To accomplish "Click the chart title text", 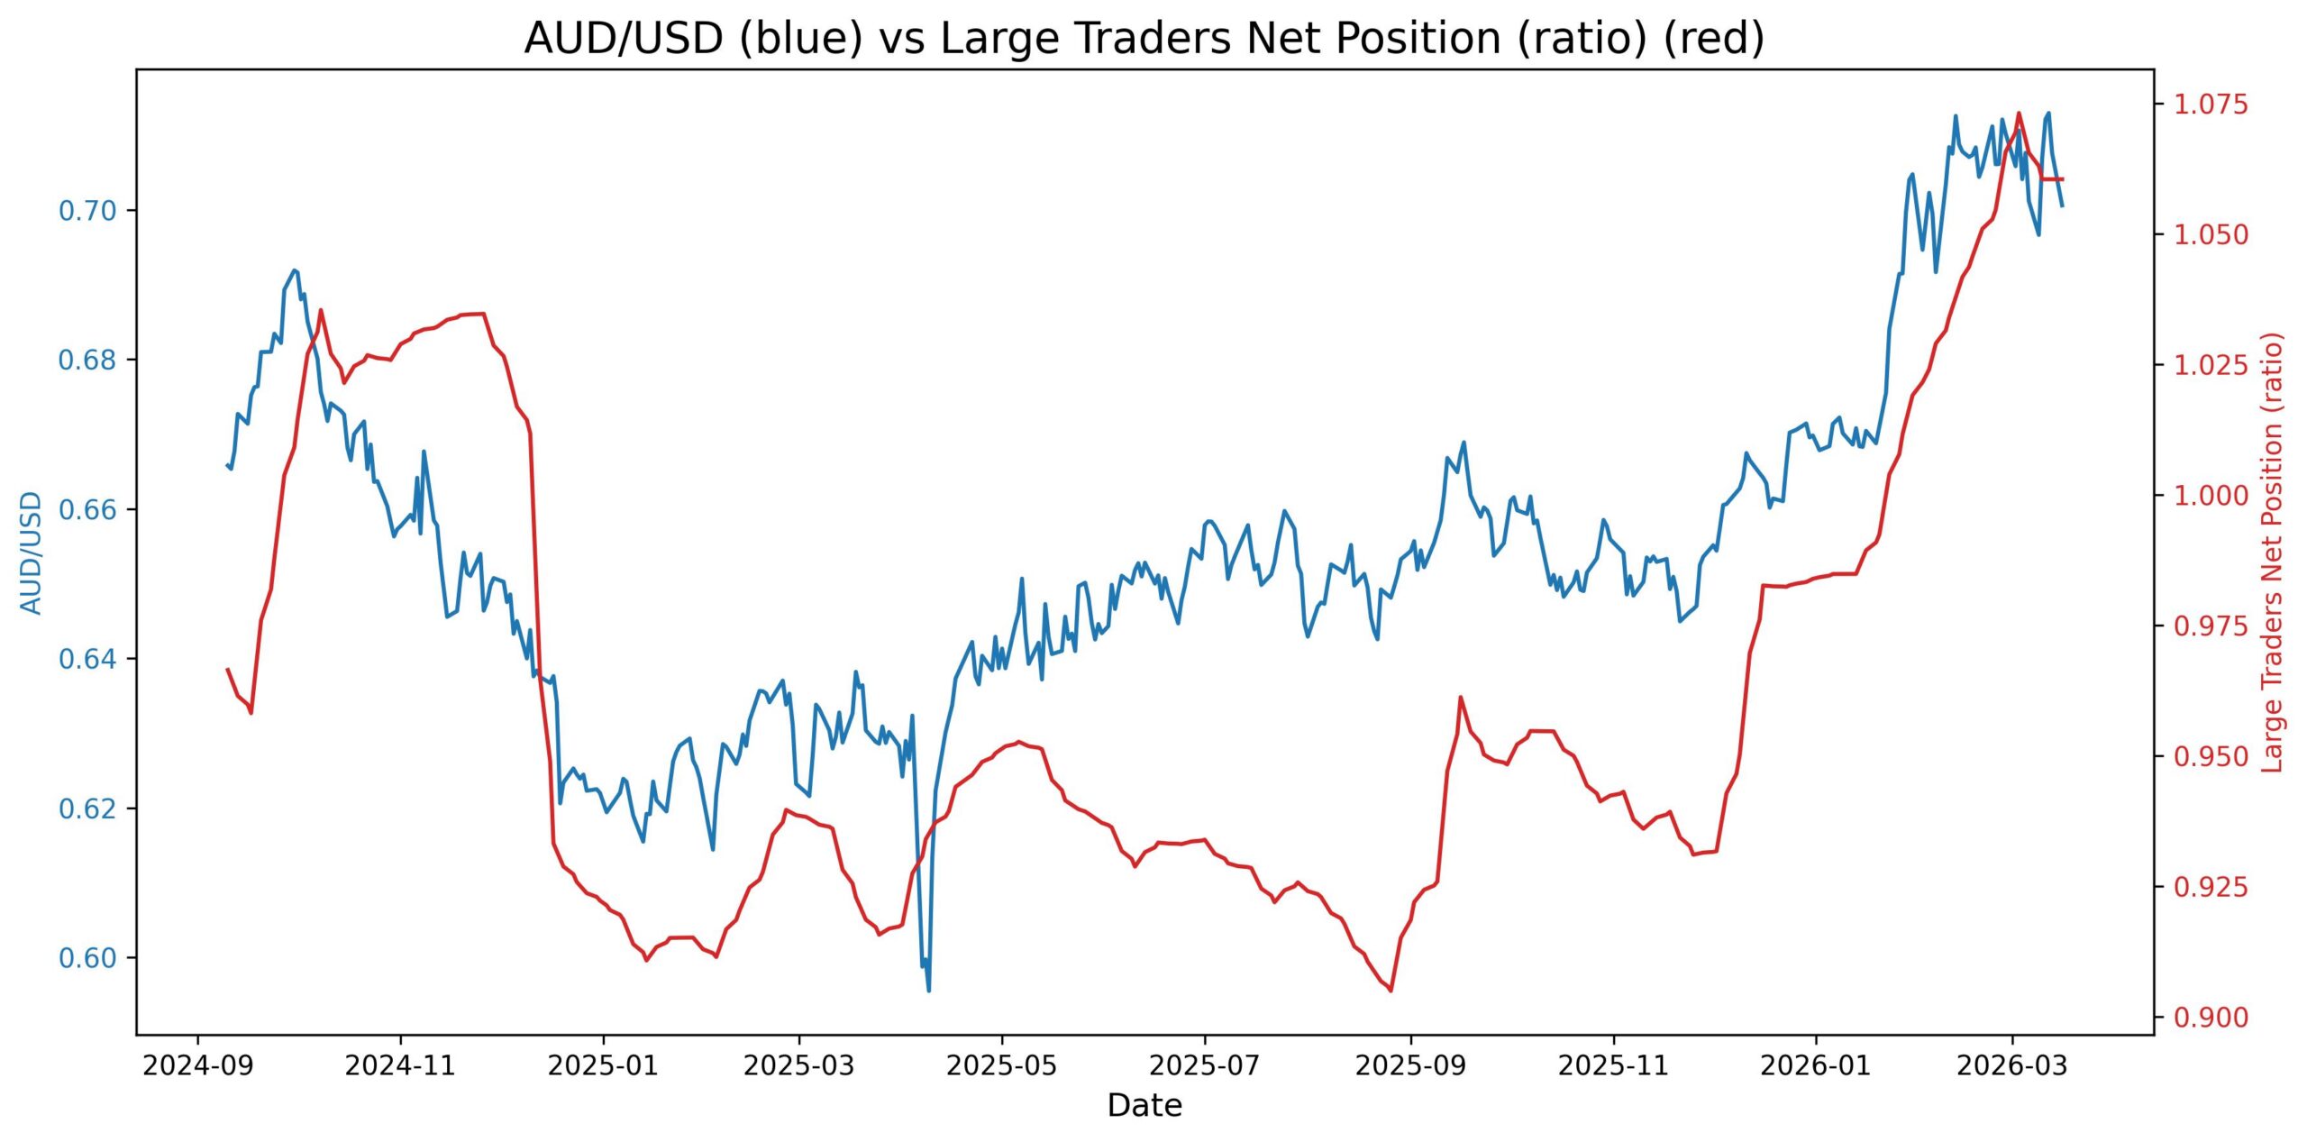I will tap(1144, 39).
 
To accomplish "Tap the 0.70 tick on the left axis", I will tap(88, 211).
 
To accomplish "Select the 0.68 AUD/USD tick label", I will tap(88, 361).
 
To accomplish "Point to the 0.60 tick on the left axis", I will tap(88, 958).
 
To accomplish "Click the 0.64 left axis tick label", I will tap(88, 659).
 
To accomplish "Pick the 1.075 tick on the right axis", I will tap(2211, 105).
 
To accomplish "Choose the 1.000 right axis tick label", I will tap(2211, 496).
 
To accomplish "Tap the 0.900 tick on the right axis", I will tap(2211, 1018).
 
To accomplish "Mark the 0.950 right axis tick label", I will tap(2211, 756).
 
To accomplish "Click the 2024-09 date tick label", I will tap(198, 1066).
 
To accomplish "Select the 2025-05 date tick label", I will tap(1001, 1066).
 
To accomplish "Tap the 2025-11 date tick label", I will tap(1613, 1066).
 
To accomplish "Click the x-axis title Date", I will tap(1144, 1105).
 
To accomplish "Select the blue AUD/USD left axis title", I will tap(32, 553).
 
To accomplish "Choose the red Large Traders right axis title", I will tap(2273, 553).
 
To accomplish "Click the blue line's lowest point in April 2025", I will tap(928, 991).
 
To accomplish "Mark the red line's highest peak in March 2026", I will tap(2019, 114).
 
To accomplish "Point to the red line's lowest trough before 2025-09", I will tap(1391, 991).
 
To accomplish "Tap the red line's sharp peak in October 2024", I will tap(321, 310).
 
